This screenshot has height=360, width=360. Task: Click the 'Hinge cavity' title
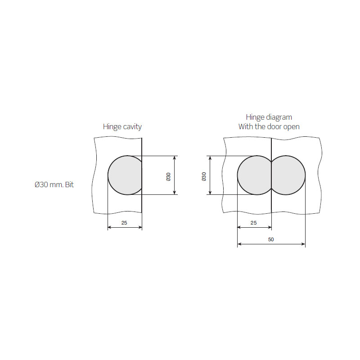click(x=122, y=127)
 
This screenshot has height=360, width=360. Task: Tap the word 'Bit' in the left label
click(x=69, y=184)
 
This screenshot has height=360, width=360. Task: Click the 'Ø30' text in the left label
click(x=41, y=184)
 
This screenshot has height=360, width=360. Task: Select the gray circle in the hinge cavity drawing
click(x=125, y=175)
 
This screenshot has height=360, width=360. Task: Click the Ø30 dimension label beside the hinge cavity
click(x=168, y=177)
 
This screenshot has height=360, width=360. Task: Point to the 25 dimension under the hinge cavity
click(x=124, y=223)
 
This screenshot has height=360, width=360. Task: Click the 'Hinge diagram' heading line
click(x=269, y=117)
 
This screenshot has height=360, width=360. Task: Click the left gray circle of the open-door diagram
click(x=254, y=175)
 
